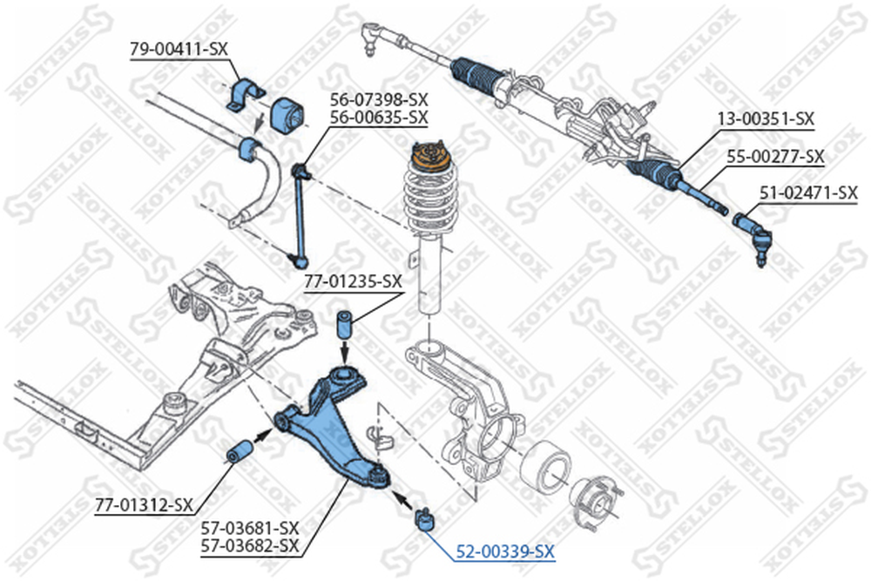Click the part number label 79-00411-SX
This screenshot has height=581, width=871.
(x=178, y=49)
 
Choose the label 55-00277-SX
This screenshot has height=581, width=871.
(x=775, y=156)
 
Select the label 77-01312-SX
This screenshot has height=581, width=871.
(x=144, y=503)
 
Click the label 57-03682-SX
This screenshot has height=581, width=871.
(x=249, y=545)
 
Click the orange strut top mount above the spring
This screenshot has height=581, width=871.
(x=429, y=155)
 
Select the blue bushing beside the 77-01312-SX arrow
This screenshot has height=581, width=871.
(x=240, y=453)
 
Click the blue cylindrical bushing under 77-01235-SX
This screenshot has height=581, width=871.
(x=345, y=327)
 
